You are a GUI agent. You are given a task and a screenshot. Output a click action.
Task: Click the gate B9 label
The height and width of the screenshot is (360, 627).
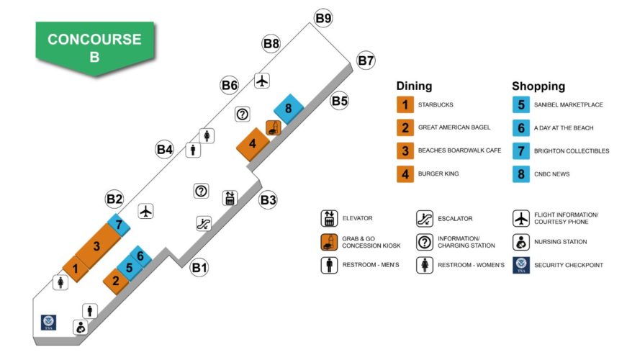point(322,18)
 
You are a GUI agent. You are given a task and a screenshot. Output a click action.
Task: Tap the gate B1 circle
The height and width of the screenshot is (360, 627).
point(199,269)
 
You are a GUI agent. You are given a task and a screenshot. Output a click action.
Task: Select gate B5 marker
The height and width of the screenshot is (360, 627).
point(340,101)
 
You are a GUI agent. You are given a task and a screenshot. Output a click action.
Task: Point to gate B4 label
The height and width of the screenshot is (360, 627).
point(165,150)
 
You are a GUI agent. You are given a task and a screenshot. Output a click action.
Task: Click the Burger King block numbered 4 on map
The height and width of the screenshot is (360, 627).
point(253,143)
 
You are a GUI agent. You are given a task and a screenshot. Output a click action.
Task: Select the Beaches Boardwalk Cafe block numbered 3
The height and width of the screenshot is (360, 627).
point(96,246)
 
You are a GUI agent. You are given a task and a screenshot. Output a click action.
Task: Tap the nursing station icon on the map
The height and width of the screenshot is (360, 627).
point(81,328)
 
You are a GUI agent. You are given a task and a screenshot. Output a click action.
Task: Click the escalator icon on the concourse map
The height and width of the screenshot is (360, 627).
point(203,223)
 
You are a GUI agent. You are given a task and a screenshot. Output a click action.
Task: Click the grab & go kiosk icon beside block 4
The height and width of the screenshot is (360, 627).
point(273,128)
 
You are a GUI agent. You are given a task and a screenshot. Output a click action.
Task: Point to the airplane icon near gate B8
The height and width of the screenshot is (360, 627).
point(262,81)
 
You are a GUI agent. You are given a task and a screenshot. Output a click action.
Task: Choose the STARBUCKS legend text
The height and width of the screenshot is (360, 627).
point(436,105)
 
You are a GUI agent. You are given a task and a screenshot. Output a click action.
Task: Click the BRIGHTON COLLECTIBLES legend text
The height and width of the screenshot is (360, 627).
point(572,151)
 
